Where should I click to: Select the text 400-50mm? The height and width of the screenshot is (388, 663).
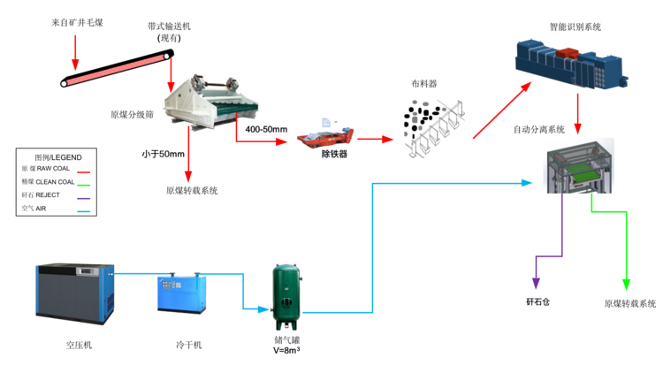pyautogui.click(x=266, y=130)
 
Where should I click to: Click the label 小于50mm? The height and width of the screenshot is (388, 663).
pyautogui.click(x=163, y=154)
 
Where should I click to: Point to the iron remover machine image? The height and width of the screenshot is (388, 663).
pyautogui.click(x=325, y=141)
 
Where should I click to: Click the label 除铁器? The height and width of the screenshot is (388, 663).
pyautogui.click(x=333, y=155)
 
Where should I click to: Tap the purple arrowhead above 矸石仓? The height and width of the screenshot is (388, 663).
pyautogui.click(x=535, y=282)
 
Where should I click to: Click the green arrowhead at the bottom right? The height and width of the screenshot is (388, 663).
pyautogui.click(x=627, y=283)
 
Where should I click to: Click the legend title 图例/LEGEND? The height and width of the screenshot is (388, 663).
pyautogui.click(x=56, y=156)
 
